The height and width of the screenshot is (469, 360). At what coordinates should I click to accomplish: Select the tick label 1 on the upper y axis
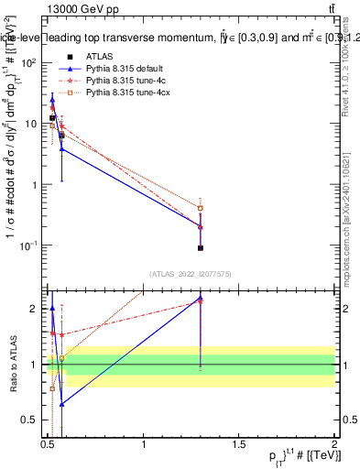click(x=35, y=185)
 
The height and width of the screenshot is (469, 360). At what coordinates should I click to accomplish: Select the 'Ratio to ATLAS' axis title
click(x=11, y=364)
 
